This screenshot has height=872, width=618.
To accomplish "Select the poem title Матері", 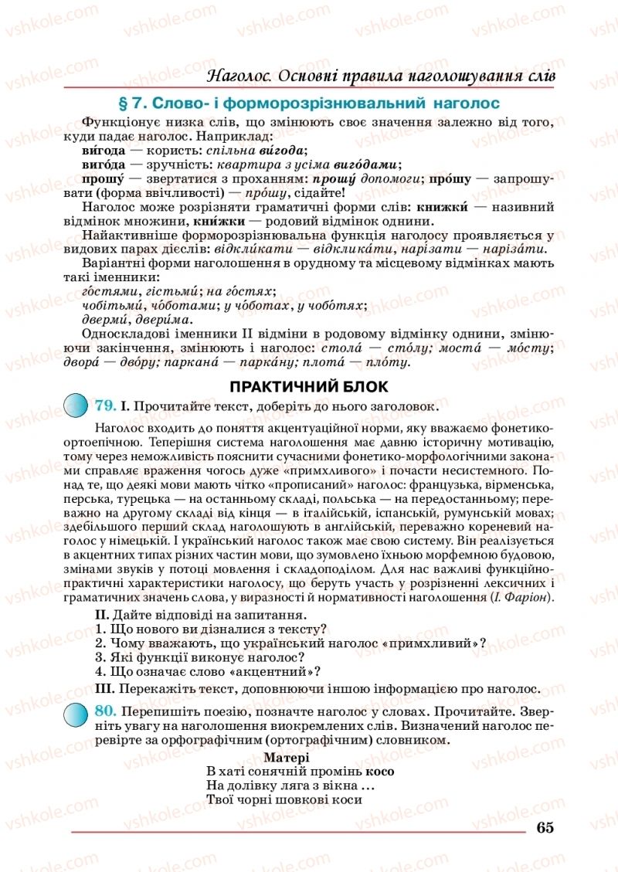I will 287,758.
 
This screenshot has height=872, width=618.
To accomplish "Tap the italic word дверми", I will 102,320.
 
